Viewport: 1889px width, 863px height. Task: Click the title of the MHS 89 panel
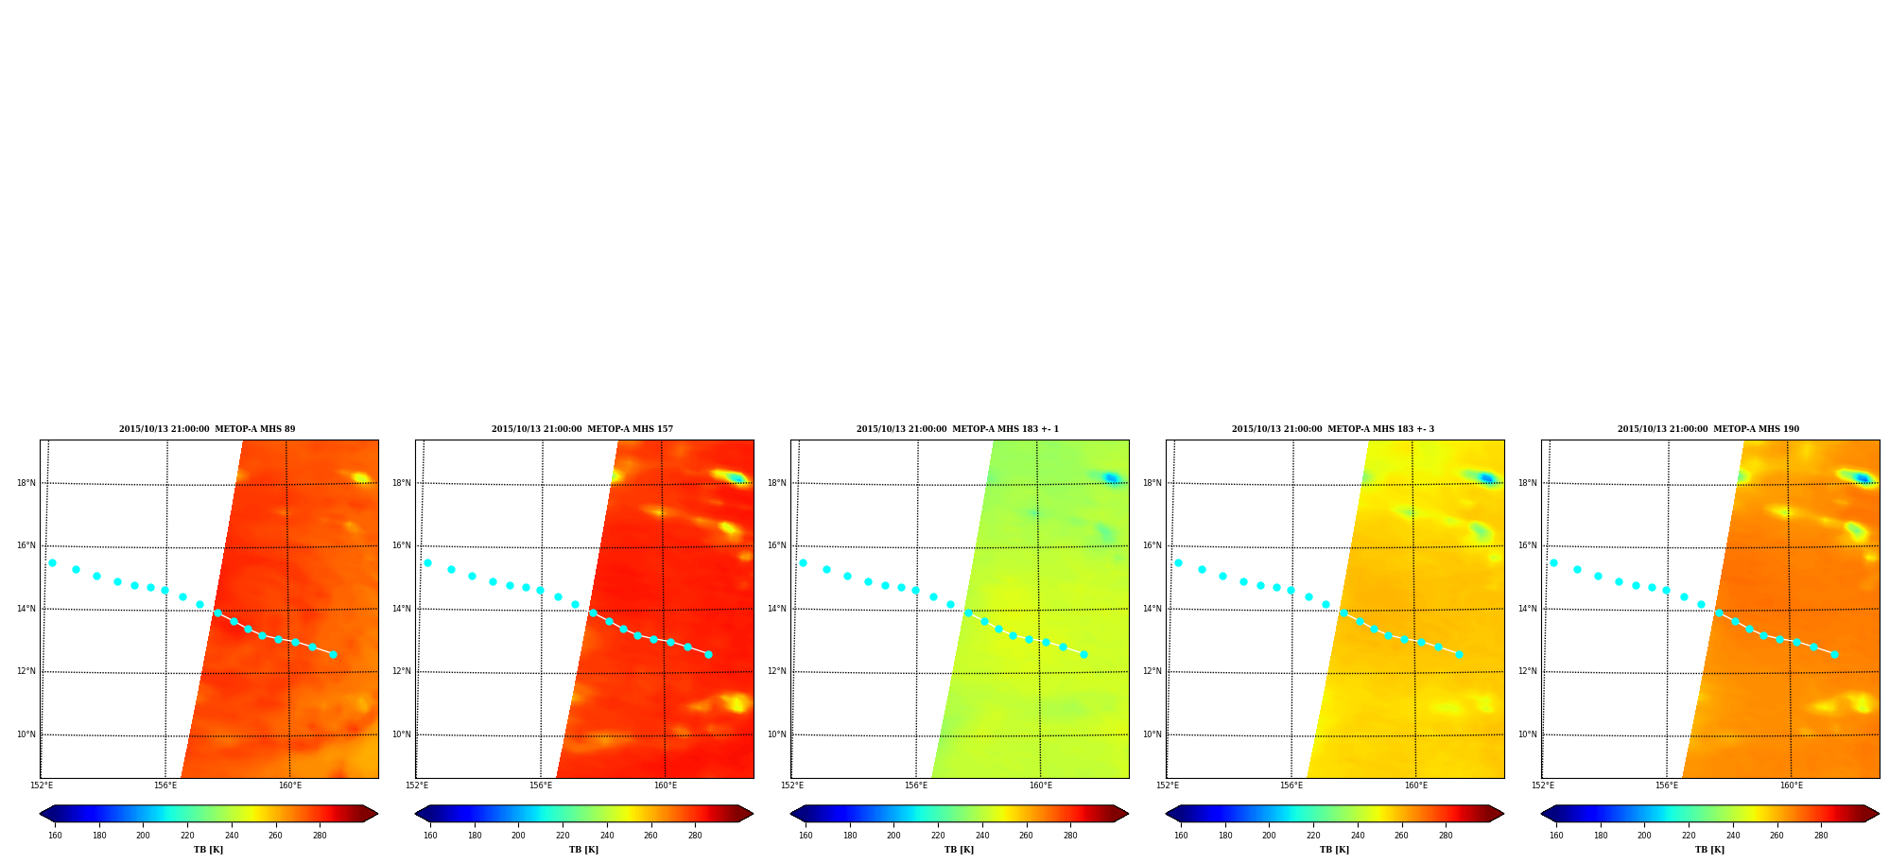[207, 429]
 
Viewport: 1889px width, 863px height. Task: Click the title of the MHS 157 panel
[582, 429]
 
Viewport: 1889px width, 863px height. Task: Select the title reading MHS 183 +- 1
[958, 429]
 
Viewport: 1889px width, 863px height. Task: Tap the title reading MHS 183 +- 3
[1333, 429]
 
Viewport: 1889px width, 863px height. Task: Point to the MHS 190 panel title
[1708, 429]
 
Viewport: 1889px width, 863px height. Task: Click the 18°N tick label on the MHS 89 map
[26, 483]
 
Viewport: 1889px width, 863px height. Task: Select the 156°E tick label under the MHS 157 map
[541, 785]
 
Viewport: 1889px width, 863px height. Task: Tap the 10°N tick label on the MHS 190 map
[1528, 734]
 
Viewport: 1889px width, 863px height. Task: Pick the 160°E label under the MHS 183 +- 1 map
[1041, 785]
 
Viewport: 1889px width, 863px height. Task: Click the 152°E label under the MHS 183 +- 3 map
[1168, 785]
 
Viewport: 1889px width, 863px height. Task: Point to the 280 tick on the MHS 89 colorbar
[320, 836]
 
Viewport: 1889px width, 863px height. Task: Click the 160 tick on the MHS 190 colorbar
[1556, 836]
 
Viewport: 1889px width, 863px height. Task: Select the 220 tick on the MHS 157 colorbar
[563, 836]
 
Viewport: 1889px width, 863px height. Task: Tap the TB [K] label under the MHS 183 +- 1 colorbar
[959, 850]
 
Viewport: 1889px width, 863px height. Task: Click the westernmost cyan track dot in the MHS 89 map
[52, 562]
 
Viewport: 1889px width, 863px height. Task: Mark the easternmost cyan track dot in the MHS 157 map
[708, 654]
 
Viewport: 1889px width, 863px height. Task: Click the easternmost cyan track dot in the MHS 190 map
[1834, 654]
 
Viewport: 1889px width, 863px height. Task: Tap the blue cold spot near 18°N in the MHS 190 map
[1862, 478]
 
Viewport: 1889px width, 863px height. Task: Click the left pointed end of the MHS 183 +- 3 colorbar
[1166, 814]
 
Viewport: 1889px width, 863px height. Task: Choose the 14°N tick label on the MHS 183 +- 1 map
[777, 609]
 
